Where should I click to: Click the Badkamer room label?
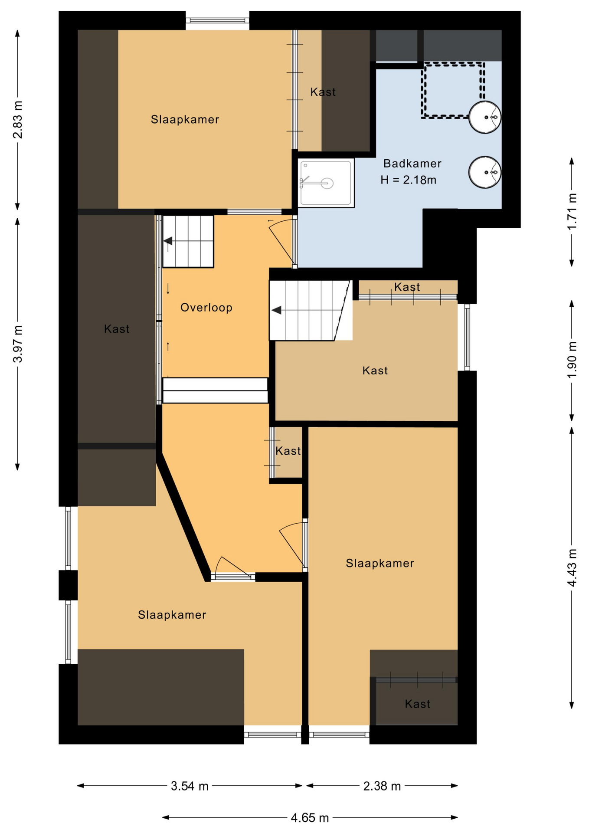412,164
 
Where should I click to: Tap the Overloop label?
206,308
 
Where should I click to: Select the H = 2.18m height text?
409,180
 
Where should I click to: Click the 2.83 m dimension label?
18,119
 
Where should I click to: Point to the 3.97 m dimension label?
18,344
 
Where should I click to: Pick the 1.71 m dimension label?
572,211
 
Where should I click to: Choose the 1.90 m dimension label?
572,360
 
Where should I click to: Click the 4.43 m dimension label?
572,568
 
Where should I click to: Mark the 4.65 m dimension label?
310,818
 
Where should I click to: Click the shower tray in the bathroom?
326,182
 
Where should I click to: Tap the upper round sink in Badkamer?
485,117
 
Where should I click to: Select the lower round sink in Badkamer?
485,172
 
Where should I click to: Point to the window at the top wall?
218,20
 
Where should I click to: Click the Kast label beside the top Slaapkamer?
323,92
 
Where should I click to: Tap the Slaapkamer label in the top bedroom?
185,120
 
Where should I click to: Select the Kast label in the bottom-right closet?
418,704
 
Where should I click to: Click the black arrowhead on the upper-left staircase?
168,241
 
